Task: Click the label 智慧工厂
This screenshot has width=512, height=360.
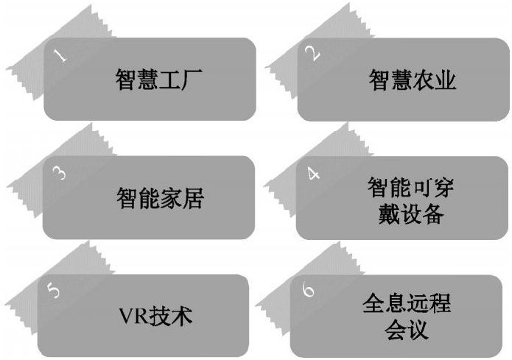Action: (x=160, y=80)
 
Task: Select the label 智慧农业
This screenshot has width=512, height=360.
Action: (x=413, y=80)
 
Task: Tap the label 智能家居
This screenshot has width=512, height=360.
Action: (x=160, y=198)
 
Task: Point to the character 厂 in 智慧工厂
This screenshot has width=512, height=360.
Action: (x=193, y=80)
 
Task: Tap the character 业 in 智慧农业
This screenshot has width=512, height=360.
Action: (x=446, y=80)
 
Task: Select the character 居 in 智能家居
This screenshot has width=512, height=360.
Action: (x=193, y=198)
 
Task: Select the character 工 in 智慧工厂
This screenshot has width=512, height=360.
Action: (x=171, y=80)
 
